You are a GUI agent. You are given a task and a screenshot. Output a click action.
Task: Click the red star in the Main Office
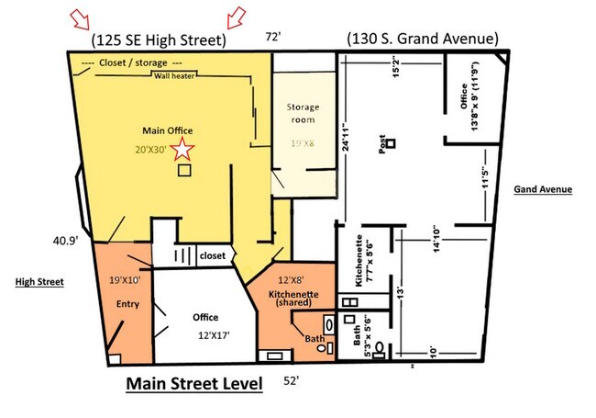coord(182,149)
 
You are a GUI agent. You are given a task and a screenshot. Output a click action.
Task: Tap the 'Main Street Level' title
coord(194,383)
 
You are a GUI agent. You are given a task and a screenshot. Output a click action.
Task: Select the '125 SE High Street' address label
coord(159,40)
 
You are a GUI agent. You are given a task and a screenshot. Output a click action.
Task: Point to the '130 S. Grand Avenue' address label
coord(423,39)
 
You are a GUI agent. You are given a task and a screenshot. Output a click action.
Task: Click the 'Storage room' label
coord(303,113)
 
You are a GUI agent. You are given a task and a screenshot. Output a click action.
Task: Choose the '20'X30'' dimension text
coord(151,150)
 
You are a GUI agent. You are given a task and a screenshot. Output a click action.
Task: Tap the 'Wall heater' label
coord(174,75)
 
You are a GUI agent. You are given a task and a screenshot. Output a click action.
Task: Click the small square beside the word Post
coord(391,143)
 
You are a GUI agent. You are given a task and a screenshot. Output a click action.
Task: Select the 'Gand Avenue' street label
coord(543,189)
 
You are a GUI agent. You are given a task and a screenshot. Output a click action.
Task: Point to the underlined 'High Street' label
coord(39,282)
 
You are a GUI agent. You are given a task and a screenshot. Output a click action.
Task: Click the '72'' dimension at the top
coord(273,37)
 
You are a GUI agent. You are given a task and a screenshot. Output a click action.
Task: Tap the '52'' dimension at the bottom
coord(292,380)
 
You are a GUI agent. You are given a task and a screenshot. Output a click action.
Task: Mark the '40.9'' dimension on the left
coord(65,241)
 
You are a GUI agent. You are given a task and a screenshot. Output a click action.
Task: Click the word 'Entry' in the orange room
coord(127,304)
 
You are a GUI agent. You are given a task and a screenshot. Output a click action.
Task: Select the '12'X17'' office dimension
coord(214,335)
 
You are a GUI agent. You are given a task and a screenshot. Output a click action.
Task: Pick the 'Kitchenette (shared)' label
coord(293,298)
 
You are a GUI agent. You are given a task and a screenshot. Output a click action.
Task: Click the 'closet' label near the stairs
coord(213,255)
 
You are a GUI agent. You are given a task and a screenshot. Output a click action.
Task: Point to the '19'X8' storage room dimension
coord(303,143)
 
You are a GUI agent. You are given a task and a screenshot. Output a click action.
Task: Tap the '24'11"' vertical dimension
coord(346,137)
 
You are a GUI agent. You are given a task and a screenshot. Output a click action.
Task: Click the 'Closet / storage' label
coord(133,62)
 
